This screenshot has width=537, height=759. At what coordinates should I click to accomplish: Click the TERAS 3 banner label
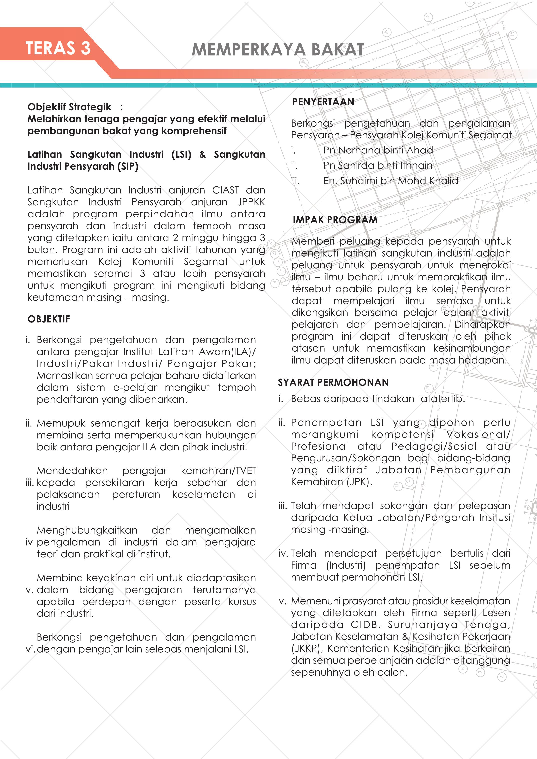[x=58, y=48]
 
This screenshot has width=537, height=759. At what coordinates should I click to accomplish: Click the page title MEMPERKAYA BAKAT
[x=278, y=50]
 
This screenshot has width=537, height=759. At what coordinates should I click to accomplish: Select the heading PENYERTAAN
[x=323, y=102]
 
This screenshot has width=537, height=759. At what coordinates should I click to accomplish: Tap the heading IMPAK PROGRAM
[x=335, y=220]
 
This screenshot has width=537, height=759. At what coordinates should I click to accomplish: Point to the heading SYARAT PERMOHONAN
[x=333, y=382]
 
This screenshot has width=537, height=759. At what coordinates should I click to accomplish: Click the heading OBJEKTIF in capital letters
[x=49, y=319]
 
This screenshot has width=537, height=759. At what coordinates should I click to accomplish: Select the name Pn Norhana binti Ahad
[x=378, y=151]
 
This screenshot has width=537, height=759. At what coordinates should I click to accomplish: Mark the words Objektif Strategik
[x=69, y=107]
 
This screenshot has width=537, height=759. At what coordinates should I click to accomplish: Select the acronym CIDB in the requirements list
[x=364, y=625]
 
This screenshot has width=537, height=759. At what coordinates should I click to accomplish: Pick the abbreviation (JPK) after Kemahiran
[x=359, y=482]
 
